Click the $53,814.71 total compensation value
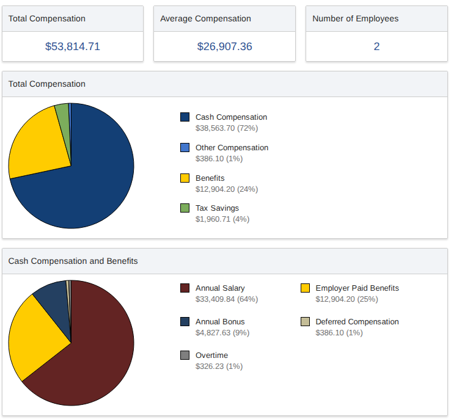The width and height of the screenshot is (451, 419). (x=73, y=46)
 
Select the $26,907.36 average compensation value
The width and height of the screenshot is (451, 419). (x=224, y=46)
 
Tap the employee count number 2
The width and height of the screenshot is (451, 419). (x=376, y=46)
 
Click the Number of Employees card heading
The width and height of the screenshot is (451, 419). (x=355, y=18)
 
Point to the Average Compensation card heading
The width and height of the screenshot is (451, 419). (x=205, y=18)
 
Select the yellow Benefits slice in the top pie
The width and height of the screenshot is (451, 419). (x=37, y=147)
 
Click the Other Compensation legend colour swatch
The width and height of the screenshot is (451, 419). (x=185, y=147)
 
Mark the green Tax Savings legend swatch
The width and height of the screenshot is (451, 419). (x=185, y=208)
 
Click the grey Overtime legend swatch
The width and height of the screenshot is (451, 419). (x=185, y=355)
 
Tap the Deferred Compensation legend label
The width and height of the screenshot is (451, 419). (x=357, y=322)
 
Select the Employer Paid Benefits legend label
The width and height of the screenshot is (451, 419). (x=357, y=288)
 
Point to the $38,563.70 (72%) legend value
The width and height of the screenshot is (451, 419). (x=226, y=128)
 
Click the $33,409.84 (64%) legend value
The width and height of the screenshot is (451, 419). (x=226, y=299)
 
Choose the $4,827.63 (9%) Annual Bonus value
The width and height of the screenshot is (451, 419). (x=222, y=333)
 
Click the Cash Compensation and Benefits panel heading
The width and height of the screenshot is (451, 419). (x=73, y=261)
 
